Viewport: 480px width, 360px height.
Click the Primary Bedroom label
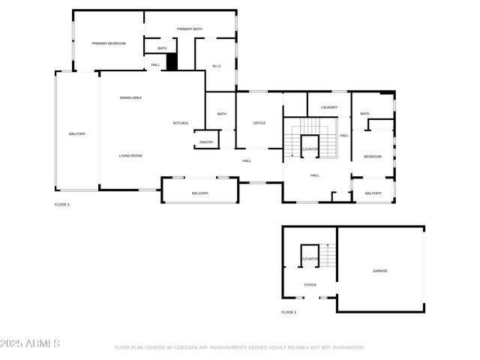pos(109,43)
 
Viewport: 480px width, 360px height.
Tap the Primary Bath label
pos(190,29)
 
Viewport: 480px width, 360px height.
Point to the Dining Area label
pos(131,97)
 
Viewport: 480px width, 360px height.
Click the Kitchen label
pos(181,123)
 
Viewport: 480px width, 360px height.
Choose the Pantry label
pos(206,141)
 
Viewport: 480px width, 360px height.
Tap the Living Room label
pos(130,155)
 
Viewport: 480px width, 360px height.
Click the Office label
pos(259,123)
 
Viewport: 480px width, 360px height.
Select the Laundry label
pos(329,107)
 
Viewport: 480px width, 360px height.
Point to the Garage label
pos(380,270)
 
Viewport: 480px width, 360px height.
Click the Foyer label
pos(310,285)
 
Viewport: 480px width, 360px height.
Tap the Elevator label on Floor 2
pos(310,149)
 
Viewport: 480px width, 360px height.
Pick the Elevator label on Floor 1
pos(310,259)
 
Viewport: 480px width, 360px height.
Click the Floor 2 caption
pos(61,205)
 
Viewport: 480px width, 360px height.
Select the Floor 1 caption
pos(289,312)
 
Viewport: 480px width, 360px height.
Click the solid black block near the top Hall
pos(172,62)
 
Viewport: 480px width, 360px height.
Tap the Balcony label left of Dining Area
pos(77,133)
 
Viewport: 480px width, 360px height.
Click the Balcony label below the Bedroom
pos(373,193)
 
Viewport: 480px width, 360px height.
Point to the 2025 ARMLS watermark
pos(31,343)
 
